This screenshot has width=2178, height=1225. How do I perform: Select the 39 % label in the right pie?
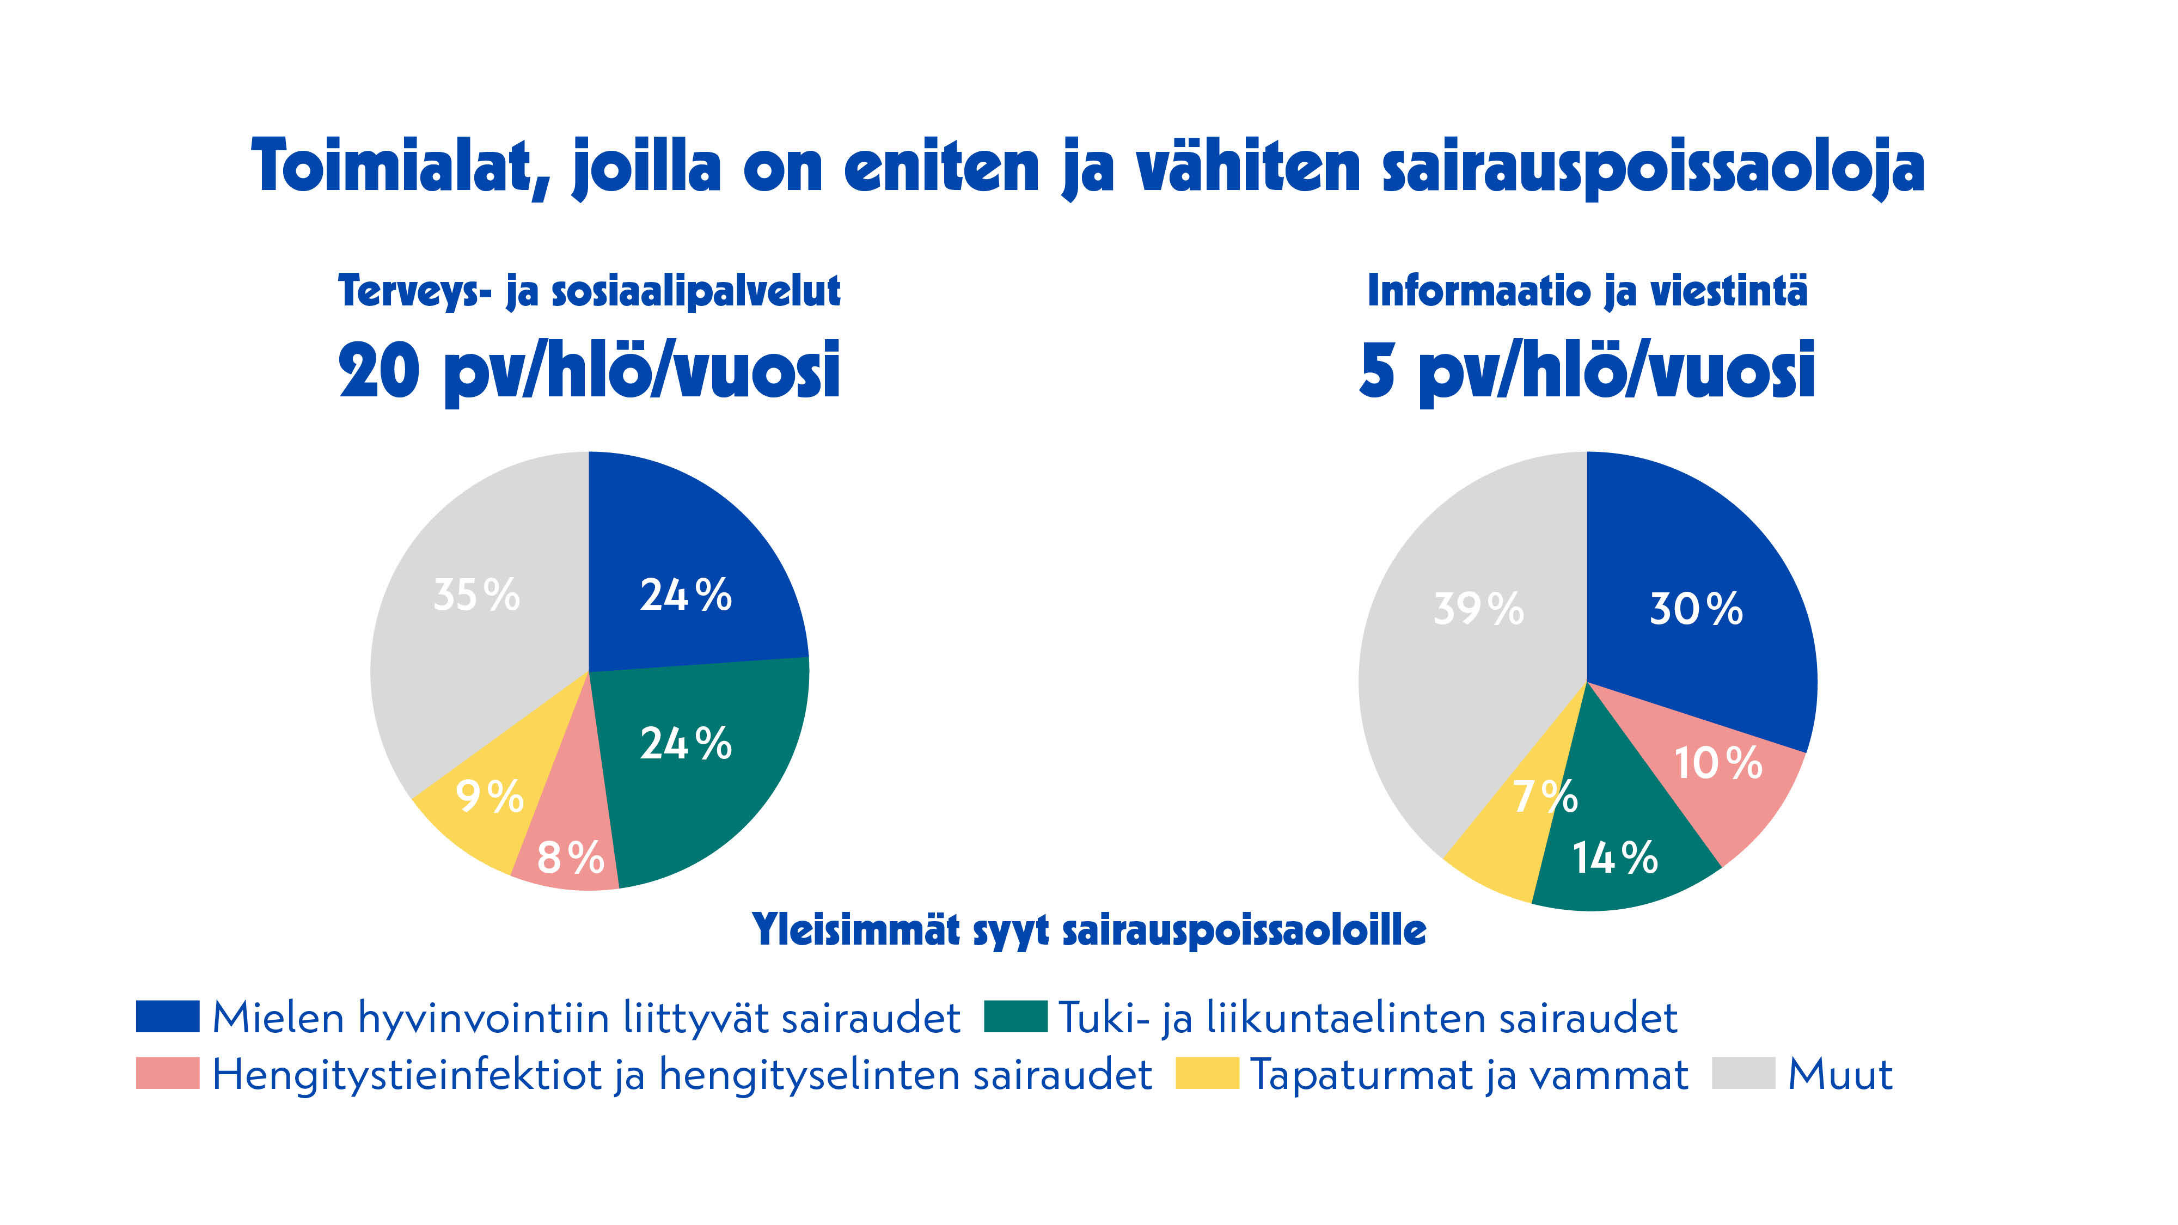(1478, 609)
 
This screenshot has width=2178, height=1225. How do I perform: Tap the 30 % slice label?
(1695, 609)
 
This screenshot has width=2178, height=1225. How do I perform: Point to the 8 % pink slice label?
(571, 857)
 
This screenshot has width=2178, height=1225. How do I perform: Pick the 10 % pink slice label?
(1717, 763)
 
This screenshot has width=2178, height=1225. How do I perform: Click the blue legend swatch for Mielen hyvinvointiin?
(167, 1016)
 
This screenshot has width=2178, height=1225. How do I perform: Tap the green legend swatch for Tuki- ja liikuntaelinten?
(1015, 1016)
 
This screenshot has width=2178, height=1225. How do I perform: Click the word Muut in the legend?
(1840, 1075)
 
